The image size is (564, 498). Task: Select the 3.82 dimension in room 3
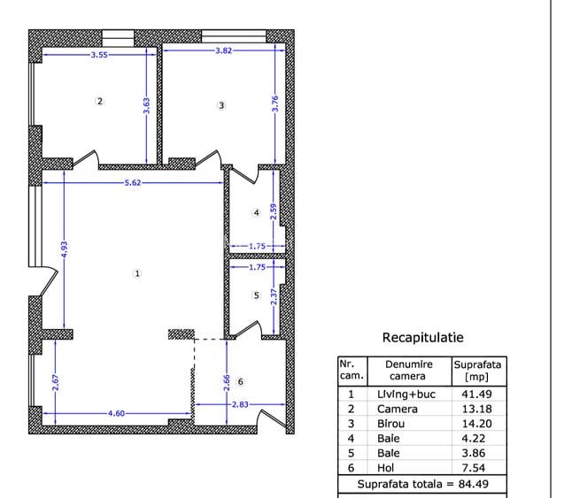click(224, 51)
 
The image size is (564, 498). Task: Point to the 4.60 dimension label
click(116, 413)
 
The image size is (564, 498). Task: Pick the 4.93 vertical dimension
click(64, 251)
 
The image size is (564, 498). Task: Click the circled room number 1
click(136, 273)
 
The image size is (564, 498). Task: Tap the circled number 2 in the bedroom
click(99, 101)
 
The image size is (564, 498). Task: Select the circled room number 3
click(221, 105)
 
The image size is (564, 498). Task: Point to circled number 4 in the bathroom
click(256, 212)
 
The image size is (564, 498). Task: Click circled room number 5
click(256, 295)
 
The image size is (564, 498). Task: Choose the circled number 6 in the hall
click(240, 381)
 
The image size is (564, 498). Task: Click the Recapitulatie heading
click(422, 337)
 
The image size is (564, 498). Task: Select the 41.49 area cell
click(477, 394)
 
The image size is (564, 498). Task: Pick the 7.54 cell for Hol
click(477, 468)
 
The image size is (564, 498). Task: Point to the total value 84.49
click(485, 484)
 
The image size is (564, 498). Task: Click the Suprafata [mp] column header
click(477, 370)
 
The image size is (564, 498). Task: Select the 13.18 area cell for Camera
click(477, 409)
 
